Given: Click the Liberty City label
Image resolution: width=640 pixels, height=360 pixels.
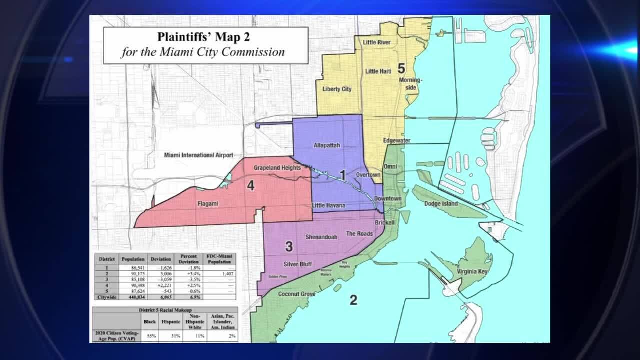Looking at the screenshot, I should coord(337,89).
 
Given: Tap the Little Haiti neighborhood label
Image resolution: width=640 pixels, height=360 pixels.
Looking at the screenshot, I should coord(378,71).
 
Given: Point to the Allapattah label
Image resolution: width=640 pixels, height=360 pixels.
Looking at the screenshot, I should coord(327,145).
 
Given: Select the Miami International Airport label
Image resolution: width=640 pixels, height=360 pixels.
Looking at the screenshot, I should coord(199,155).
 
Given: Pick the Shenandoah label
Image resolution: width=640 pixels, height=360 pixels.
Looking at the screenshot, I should coord(321,237).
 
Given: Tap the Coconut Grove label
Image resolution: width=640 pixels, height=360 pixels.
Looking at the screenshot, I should coord(297,294).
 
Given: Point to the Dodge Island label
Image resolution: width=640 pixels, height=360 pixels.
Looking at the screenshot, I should coord(441,204).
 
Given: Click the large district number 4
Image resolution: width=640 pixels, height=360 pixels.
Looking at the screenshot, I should coord(251,186).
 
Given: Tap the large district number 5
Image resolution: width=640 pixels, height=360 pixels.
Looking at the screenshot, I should coord(401,69).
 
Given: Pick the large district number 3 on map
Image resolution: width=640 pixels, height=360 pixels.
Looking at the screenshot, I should coord(289,246).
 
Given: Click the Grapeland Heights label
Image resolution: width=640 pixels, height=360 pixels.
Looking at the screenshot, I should coord(277,168).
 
